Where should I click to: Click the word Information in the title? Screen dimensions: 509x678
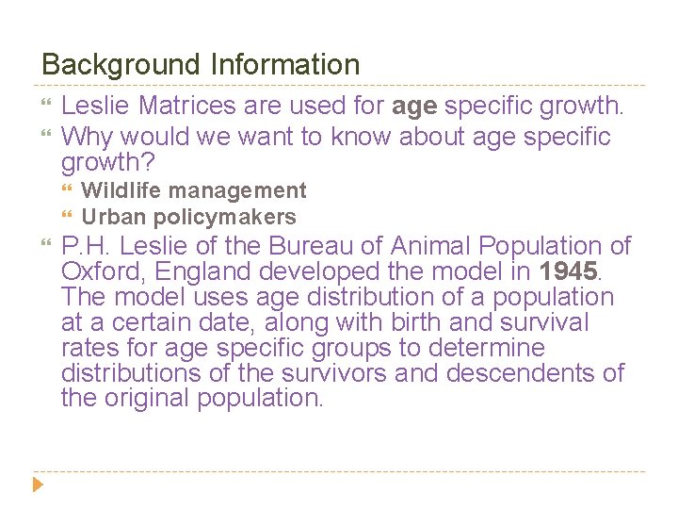(285, 65)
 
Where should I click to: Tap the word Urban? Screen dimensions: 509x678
(110, 217)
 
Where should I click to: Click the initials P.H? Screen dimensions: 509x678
(88, 247)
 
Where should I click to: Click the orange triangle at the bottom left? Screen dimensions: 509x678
(37, 486)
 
